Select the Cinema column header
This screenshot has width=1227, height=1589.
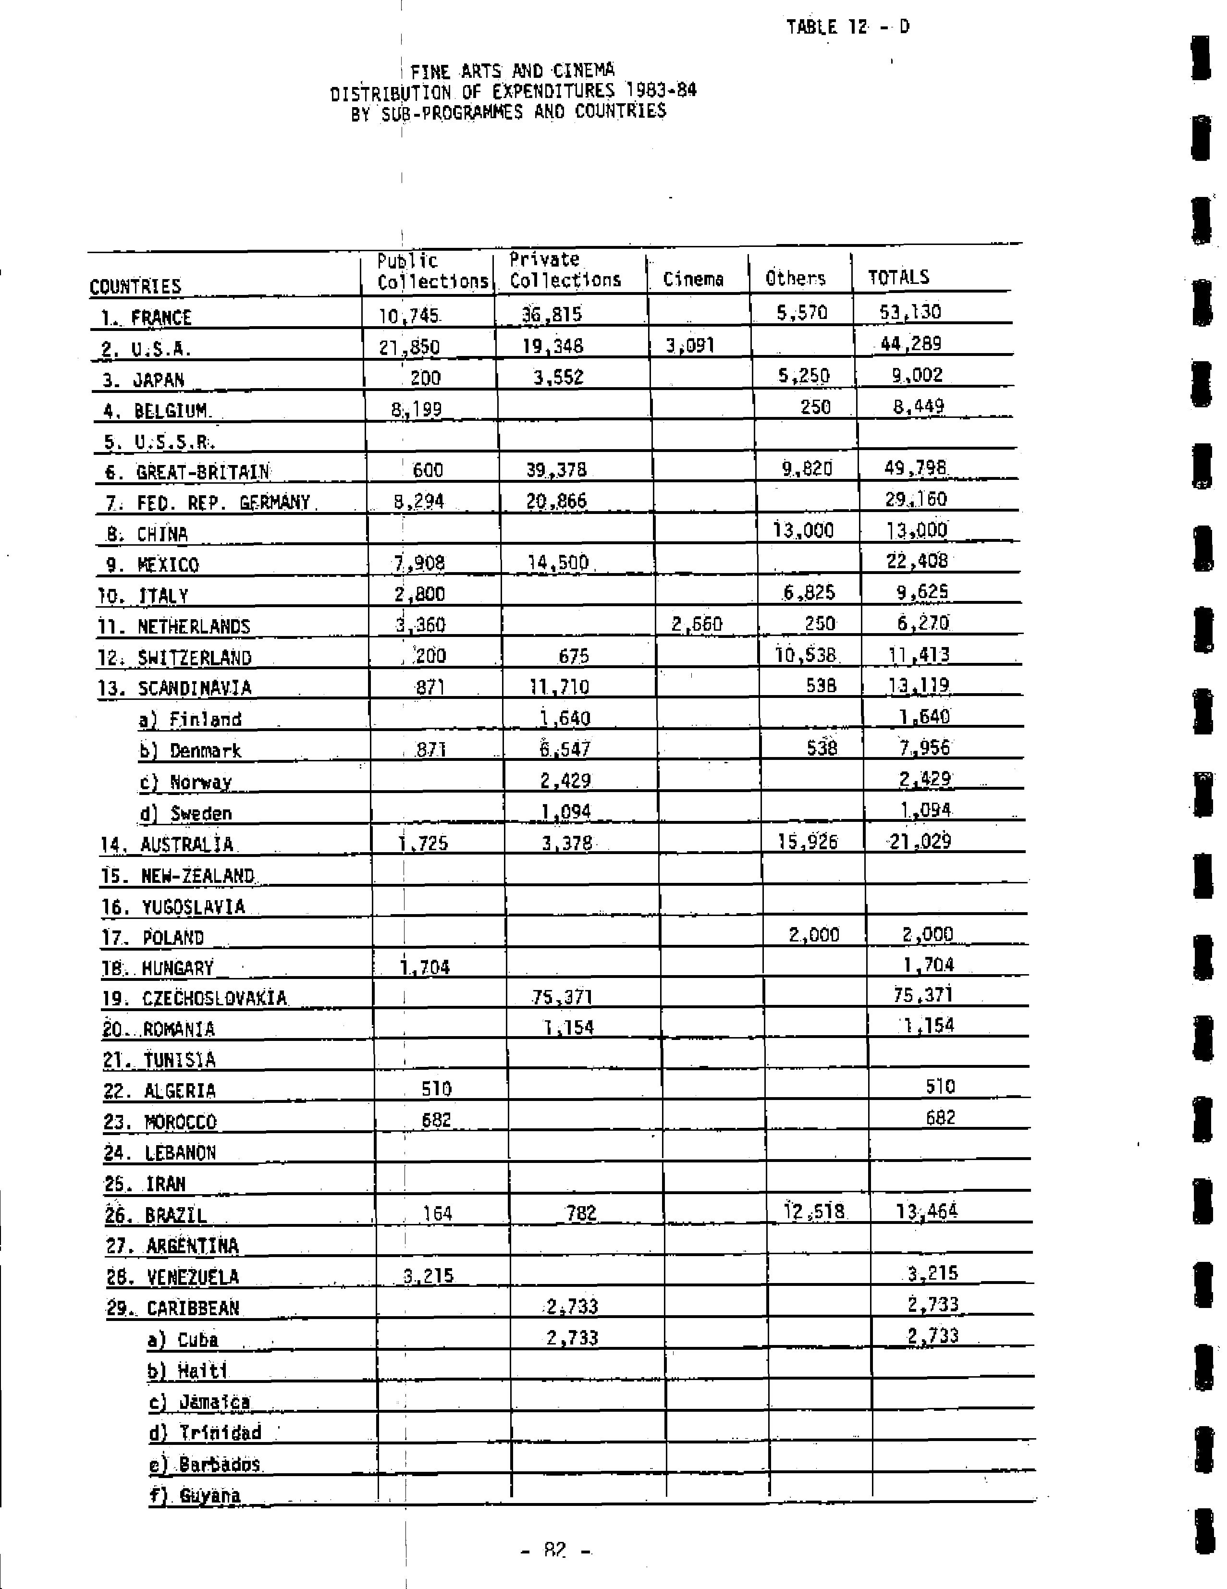tap(693, 280)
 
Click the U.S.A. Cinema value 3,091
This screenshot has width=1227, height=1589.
tap(690, 345)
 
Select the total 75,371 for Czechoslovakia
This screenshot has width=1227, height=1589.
tap(923, 995)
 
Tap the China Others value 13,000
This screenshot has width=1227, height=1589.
tap(803, 530)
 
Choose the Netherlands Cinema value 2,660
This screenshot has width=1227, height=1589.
tap(697, 624)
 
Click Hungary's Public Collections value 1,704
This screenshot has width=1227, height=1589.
tap(425, 967)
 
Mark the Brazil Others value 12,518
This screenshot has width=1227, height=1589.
tap(814, 1212)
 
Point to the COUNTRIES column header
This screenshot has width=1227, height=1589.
tap(135, 286)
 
